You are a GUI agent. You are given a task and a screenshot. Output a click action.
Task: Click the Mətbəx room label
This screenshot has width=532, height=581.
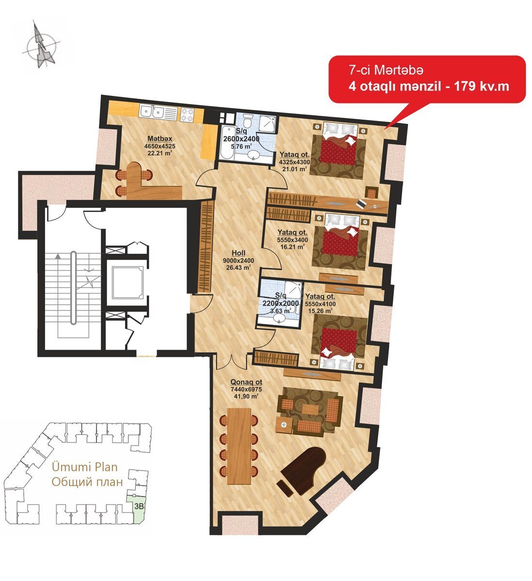[160, 138]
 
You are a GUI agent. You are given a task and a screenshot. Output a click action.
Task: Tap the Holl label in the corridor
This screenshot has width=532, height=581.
[238, 253]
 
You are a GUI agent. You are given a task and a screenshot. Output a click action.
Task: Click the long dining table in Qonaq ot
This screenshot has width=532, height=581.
[239, 446]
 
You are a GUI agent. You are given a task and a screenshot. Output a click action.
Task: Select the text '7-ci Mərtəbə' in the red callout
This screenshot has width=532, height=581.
[386, 70]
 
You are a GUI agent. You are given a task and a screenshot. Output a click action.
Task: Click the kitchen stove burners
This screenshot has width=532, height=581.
[187, 114]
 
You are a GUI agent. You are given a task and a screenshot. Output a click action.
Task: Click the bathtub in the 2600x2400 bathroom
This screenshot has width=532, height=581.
[226, 142]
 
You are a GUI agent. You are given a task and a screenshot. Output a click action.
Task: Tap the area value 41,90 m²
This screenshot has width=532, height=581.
[246, 396]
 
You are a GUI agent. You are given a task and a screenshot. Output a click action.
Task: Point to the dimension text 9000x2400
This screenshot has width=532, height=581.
[238, 260]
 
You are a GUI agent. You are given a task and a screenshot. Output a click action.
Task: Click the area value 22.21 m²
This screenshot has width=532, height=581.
[160, 153]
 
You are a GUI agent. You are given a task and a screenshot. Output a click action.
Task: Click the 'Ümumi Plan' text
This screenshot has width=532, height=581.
[84, 467]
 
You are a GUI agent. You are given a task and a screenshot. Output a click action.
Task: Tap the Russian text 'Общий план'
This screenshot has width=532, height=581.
[87, 482]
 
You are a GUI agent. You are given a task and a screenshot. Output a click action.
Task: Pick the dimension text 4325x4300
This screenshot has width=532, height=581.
[295, 163]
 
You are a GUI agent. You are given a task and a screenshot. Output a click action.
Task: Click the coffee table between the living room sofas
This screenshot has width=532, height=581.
[310, 409]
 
